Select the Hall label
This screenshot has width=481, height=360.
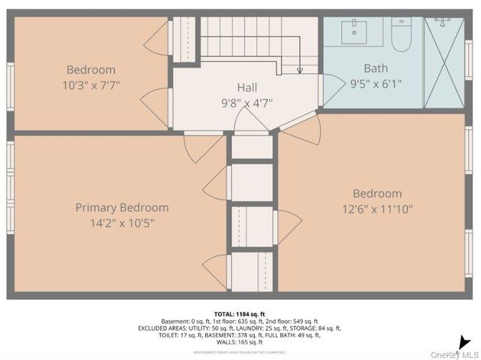click(247, 86)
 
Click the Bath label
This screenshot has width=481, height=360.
click(375, 68)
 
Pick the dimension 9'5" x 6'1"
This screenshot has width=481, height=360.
click(375, 83)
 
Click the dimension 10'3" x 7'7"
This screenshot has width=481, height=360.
click(90, 85)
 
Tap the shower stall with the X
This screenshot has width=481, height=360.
click(444, 62)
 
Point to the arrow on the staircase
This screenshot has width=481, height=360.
click(300, 70)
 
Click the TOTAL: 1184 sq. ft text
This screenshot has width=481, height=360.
click(239, 314)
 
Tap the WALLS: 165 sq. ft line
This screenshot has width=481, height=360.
click(239, 342)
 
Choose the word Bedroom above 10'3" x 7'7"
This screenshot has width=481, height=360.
click(90, 70)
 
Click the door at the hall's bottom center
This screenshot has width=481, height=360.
click(250, 120)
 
